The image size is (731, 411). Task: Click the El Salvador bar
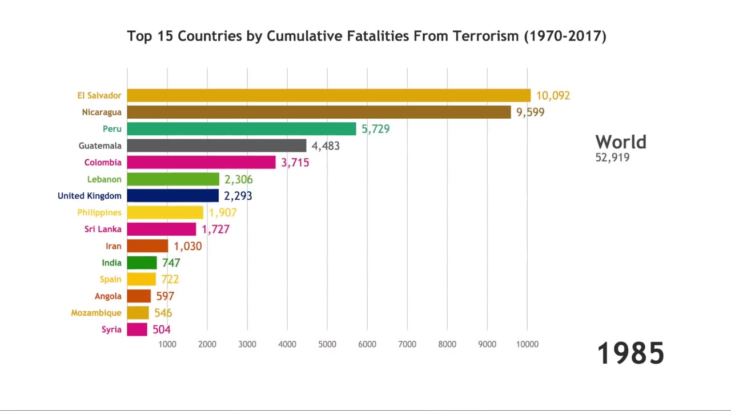328,95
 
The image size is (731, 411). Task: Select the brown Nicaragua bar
319,112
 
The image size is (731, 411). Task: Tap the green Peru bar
242,129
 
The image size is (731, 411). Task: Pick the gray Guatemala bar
216,146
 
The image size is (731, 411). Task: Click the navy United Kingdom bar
172,196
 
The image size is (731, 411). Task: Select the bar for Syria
137,329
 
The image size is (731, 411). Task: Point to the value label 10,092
553,96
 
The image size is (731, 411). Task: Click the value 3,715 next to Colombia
295,163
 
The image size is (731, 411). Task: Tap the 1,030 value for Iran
188,246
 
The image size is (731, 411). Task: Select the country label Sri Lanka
103,229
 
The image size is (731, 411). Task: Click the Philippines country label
99,212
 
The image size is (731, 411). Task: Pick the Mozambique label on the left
96,313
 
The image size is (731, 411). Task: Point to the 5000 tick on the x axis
327,344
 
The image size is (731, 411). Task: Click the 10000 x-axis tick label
527,344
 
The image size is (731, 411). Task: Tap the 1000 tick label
167,344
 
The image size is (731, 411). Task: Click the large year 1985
630,353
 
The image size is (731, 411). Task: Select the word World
621,142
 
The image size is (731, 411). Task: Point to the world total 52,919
612,158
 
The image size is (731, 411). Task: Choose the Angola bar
139,296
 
